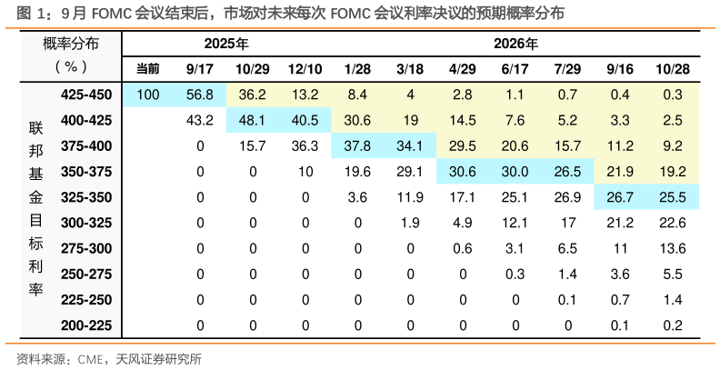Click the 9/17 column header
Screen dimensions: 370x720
[200, 69]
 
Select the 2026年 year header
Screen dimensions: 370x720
[515, 44]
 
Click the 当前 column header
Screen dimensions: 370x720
[147, 69]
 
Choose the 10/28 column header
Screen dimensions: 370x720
[672, 69]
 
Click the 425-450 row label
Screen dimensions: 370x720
[86, 95]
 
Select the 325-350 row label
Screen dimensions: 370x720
[86, 196]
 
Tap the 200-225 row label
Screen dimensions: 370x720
[86, 325]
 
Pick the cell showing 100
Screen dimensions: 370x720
[147, 95]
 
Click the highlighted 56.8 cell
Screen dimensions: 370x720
[200, 95]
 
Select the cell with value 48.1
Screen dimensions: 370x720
[252, 120]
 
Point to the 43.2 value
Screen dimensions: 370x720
[200, 120]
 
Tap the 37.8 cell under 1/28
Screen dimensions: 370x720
[357, 145]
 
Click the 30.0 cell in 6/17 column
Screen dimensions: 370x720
[515, 171]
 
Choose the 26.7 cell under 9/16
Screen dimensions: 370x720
[620, 196]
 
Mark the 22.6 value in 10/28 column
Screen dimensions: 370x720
[672, 222]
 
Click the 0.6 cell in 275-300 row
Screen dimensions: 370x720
[462, 248]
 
